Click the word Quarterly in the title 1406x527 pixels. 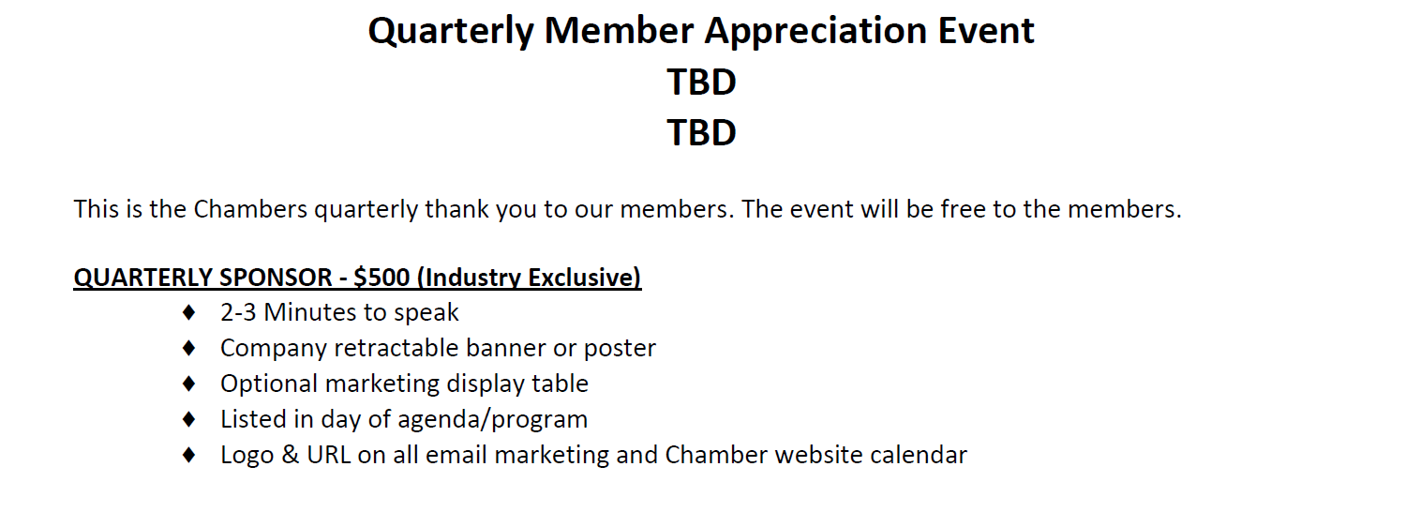click(x=451, y=32)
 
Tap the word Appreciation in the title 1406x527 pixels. click(x=816, y=32)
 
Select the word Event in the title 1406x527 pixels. click(x=986, y=30)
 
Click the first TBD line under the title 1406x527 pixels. click(x=701, y=82)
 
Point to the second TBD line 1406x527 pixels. click(x=701, y=132)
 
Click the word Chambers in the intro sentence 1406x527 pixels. click(x=250, y=209)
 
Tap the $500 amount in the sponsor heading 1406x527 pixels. click(x=381, y=277)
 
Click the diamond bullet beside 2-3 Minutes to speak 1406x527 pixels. click(x=189, y=312)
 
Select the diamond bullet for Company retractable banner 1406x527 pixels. click(x=189, y=348)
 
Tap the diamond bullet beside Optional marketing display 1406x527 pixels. click(x=189, y=384)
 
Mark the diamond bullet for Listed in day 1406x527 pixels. click(x=189, y=419)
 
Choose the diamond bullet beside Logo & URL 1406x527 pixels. click(x=189, y=455)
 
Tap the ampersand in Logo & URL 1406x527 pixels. click(x=290, y=455)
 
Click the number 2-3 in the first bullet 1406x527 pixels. click(x=238, y=312)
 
